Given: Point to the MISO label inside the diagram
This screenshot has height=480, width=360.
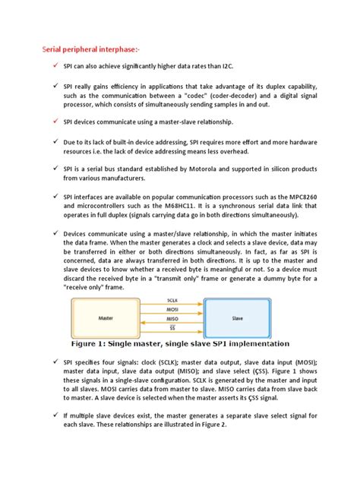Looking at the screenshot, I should tap(173, 322).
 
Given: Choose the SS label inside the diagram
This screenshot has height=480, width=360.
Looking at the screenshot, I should tap(173, 331).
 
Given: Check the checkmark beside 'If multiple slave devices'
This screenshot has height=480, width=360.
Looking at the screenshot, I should tap(55, 415).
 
